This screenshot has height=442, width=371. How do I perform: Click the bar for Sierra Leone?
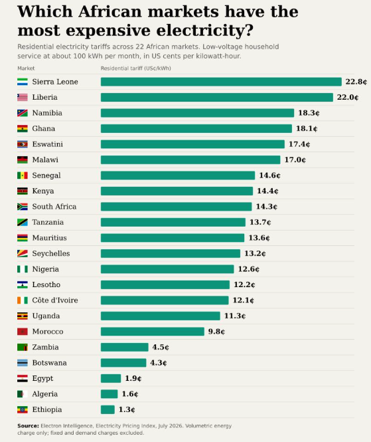click(221, 82)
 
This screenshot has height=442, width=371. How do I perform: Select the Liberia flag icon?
click(23, 97)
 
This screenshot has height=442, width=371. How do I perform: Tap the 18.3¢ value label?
click(309, 113)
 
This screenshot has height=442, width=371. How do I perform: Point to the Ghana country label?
click(44, 128)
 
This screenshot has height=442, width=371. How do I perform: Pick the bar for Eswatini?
click(192, 144)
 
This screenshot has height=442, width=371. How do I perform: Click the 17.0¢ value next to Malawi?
click(295, 160)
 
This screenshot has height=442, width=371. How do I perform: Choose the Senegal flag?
click(23, 175)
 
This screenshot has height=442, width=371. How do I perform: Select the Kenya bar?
click(177, 191)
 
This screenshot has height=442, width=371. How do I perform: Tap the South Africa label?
click(54, 207)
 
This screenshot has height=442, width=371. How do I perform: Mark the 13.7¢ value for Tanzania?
click(260, 222)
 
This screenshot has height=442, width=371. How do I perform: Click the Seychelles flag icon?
click(23, 253)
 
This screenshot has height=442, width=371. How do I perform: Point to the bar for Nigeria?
click(167, 269)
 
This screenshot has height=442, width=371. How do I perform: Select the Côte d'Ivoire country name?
click(55, 300)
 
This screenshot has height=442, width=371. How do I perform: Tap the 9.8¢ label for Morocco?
click(216, 332)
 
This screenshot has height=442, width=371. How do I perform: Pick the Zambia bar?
click(124, 347)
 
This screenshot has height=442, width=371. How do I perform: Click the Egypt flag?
click(23, 378)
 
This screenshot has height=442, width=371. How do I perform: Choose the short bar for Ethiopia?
click(108, 409)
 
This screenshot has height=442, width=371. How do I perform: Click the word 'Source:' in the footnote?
click(28, 425)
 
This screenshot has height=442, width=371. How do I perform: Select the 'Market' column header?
click(26, 68)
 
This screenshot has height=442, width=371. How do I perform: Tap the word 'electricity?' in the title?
click(204, 31)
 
